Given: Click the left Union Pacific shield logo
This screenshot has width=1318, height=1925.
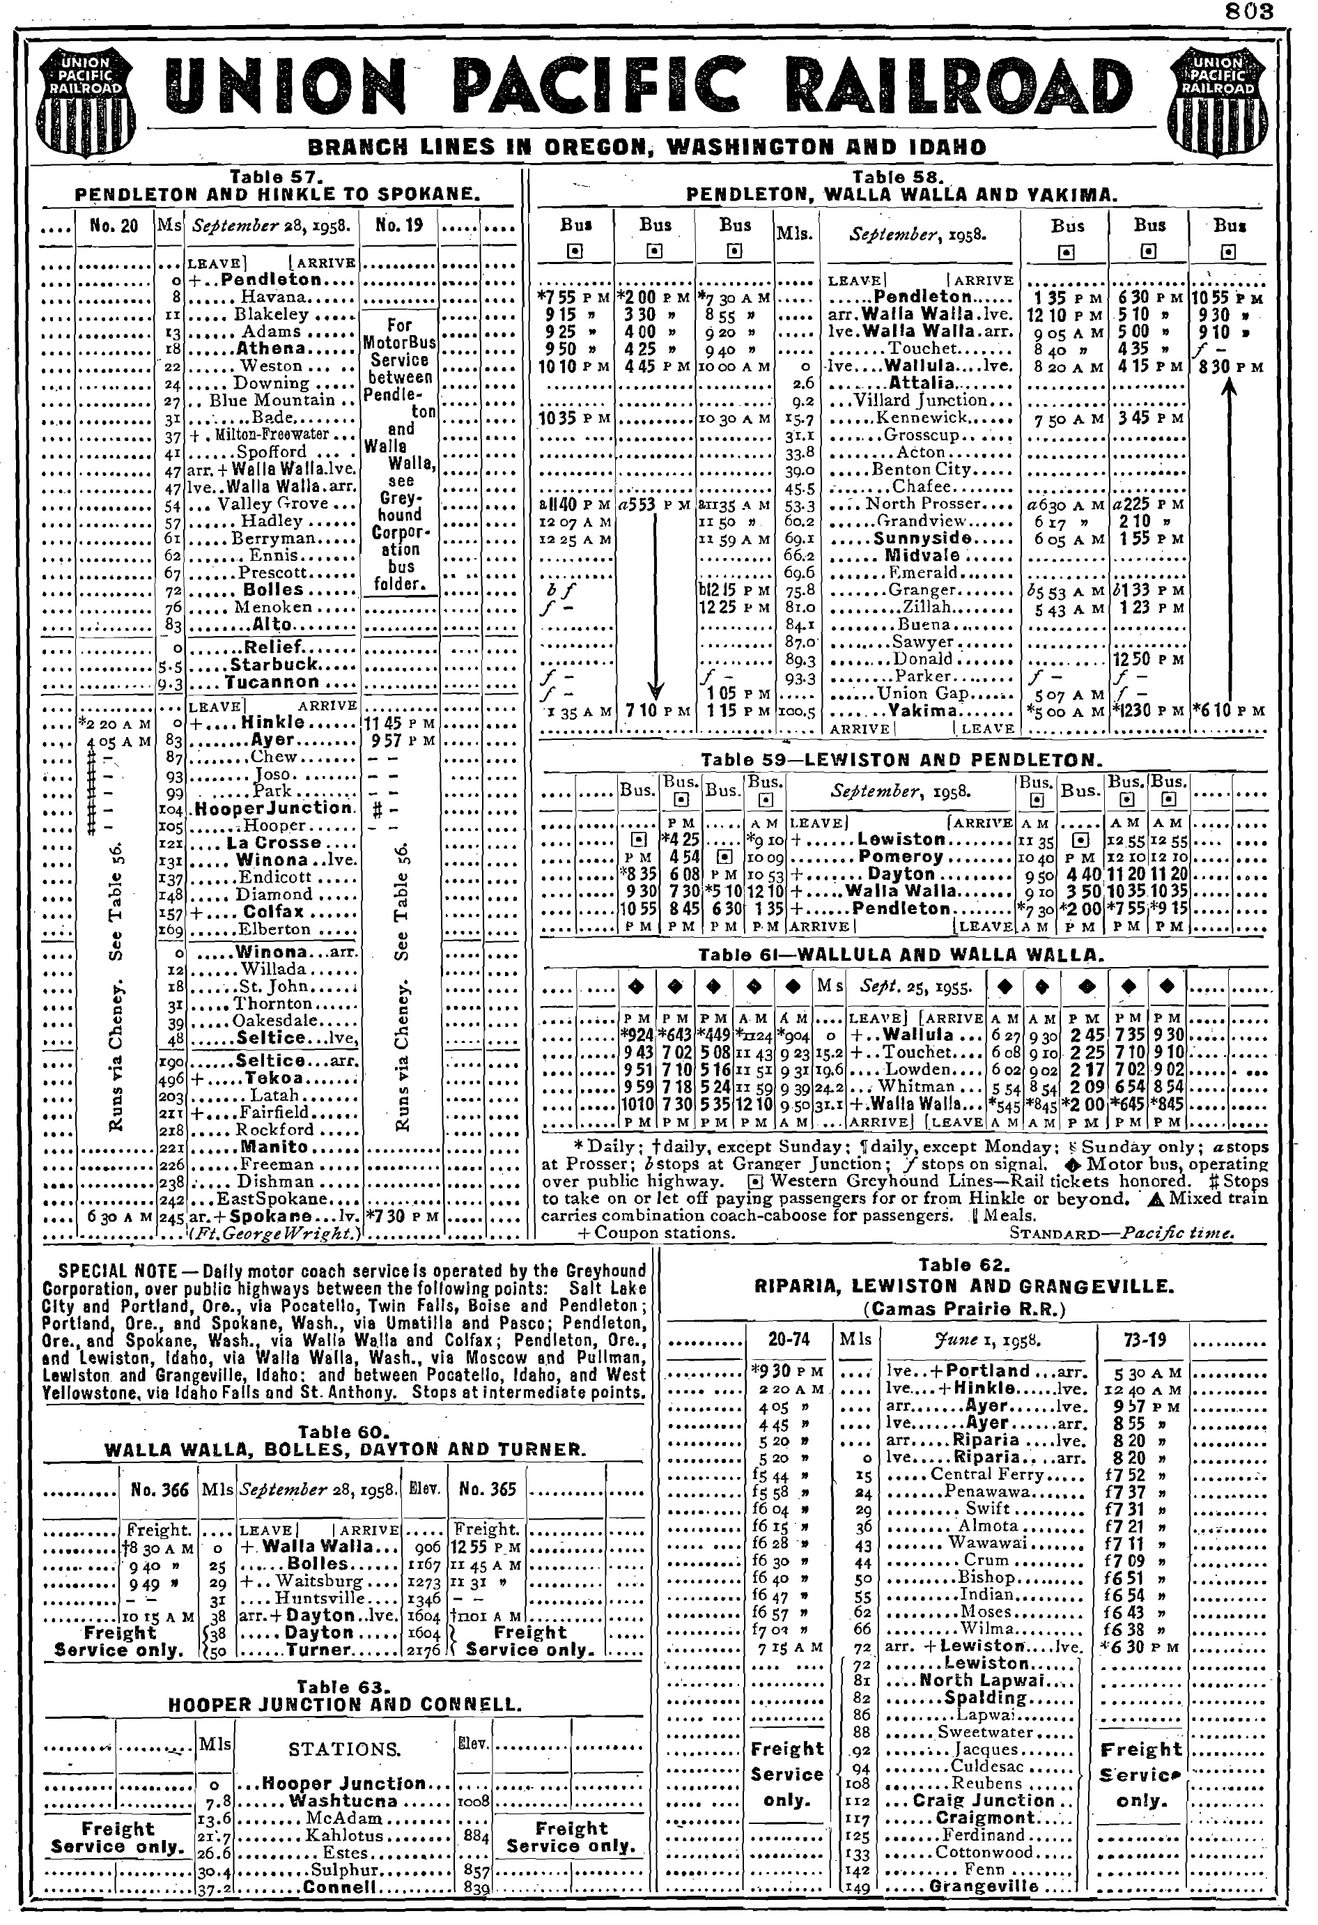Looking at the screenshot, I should pyautogui.click(x=86, y=100).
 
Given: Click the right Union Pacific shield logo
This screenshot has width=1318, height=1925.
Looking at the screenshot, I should pyautogui.click(x=1217, y=100).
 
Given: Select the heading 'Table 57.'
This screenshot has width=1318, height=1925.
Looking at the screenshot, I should pyautogui.click(x=275, y=176).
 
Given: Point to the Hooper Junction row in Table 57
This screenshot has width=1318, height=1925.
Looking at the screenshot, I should pyautogui.click(x=273, y=808).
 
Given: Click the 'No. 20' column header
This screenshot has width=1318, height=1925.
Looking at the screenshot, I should pyautogui.click(x=114, y=225).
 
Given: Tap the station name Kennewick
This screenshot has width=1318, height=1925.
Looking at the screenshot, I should pyautogui.click(x=922, y=417).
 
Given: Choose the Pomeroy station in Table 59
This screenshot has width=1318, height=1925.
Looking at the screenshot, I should pyautogui.click(x=901, y=856).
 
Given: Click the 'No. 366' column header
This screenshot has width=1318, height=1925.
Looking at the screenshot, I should pyautogui.click(x=160, y=1490).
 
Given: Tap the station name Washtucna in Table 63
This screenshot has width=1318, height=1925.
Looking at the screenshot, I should pyautogui.click(x=342, y=1801).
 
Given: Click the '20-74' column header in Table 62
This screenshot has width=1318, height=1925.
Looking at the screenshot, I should pyautogui.click(x=789, y=1339).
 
